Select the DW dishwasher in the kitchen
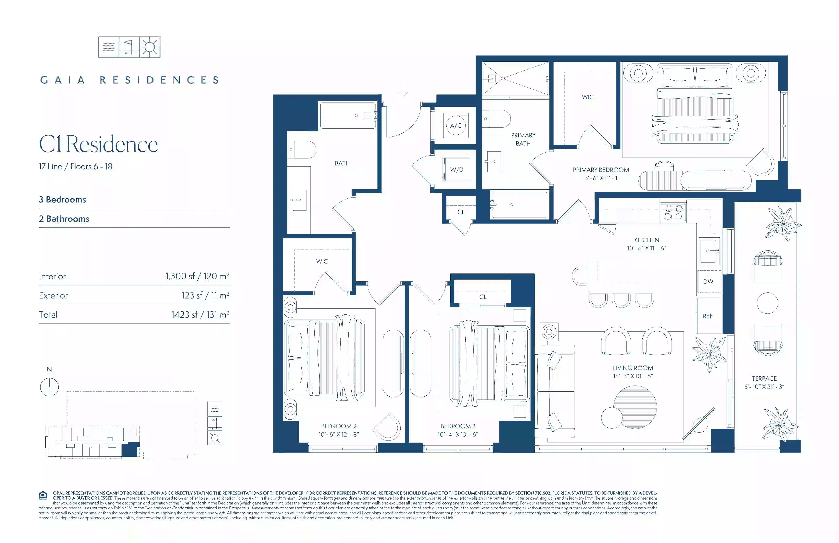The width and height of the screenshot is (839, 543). click(x=708, y=281)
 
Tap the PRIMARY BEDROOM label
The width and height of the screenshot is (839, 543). click(x=601, y=170)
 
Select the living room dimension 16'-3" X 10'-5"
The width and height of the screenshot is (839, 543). click(x=633, y=376)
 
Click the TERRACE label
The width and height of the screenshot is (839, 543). click(x=764, y=378)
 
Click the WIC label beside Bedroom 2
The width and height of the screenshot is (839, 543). click(x=322, y=261)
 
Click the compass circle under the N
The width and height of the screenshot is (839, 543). click(x=49, y=387)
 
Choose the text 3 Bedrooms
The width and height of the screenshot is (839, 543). click(x=62, y=200)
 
